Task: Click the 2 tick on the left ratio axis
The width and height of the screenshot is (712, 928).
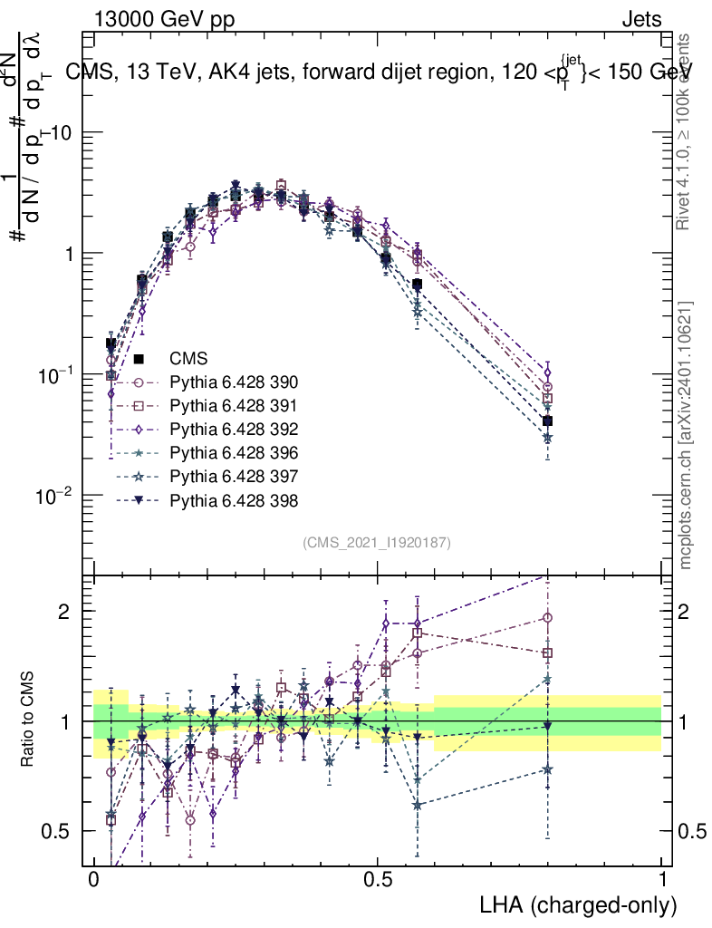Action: click(x=70, y=612)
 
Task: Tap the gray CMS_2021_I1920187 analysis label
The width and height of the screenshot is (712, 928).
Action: click(x=377, y=543)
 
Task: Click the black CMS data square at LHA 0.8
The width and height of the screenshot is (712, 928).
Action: click(x=547, y=420)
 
